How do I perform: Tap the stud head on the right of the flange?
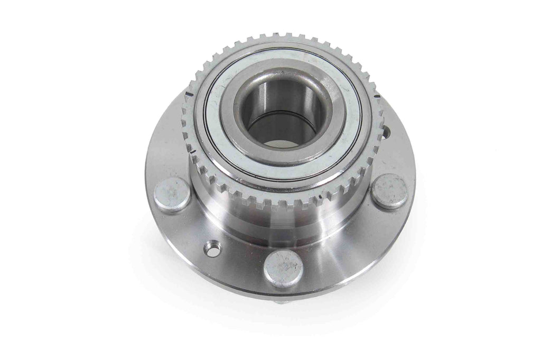tap(389, 190)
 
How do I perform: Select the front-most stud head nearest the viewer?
tap(283, 267)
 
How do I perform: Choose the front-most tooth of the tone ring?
tap(275, 206)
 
